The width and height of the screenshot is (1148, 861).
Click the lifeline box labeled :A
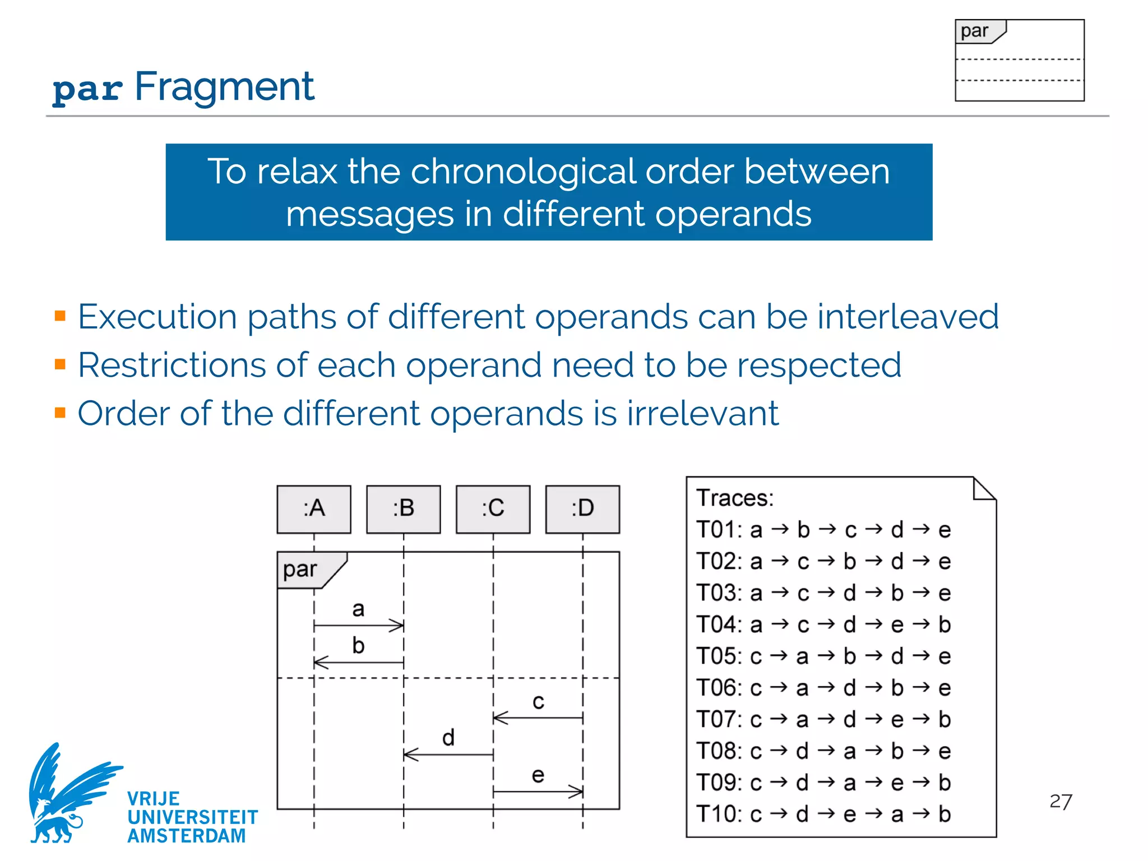[314, 509]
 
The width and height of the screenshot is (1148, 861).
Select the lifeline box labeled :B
[404, 509]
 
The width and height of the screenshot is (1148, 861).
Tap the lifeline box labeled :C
[493, 509]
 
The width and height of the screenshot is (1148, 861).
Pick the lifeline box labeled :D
[583, 509]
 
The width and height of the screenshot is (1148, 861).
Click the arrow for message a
[359, 626]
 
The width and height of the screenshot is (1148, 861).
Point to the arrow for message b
[359, 663]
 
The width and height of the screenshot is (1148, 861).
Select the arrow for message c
[538, 717]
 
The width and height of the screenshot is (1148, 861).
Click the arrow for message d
[448, 754]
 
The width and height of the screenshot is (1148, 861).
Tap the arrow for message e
[538, 791]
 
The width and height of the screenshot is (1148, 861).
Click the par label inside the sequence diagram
[300, 570]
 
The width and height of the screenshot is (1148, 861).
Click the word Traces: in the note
[735, 498]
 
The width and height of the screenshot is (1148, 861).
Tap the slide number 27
[1061, 802]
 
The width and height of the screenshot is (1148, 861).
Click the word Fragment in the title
[224, 87]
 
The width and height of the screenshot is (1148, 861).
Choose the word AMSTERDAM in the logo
[187, 836]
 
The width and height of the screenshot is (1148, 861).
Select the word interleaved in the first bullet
[908, 317]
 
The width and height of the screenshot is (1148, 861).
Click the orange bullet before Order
[61, 413]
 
